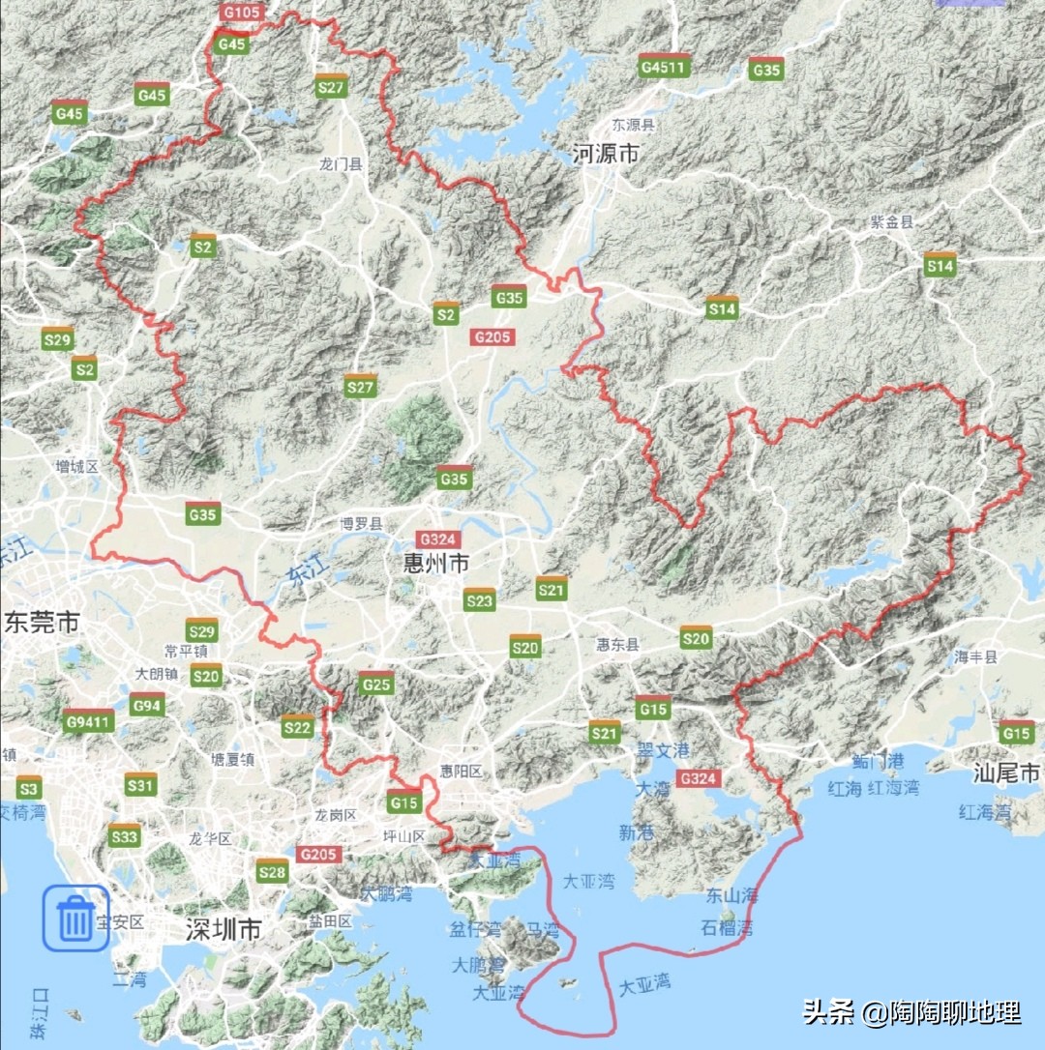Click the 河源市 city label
[607, 154]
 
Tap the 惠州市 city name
[436, 562]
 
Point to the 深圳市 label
[224, 930]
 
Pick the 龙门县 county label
[341, 165]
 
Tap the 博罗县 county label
[361, 525]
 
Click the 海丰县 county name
[975, 656]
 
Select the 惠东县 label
[617, 644]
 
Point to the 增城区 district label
[77, 467]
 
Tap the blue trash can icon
[75, 918]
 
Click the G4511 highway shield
[664, 67]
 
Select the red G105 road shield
[240, 13]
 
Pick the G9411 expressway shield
[90, 721]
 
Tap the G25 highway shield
[376, 684]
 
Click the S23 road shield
[479, 600]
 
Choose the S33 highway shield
[125, 836]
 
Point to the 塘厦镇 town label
[232, 760]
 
